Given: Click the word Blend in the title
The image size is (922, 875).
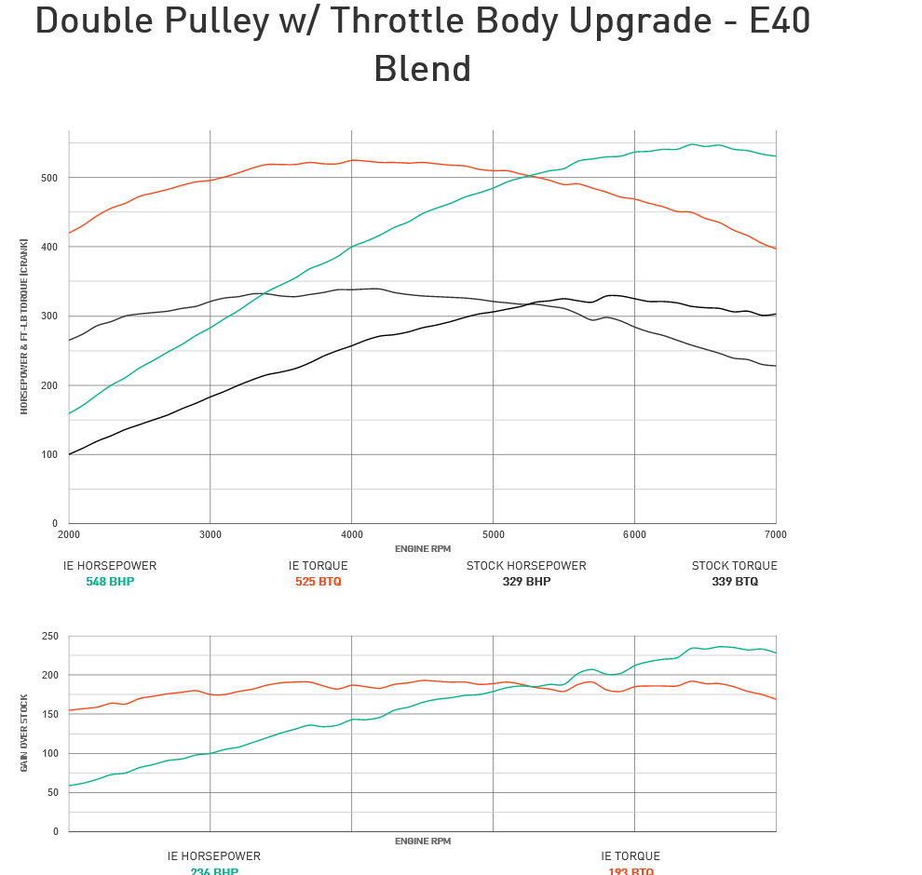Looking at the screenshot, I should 422,69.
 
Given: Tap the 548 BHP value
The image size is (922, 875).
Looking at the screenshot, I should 110,582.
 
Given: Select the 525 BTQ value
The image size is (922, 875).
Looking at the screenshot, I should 318,582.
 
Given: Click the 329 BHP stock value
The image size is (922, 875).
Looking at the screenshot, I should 526,582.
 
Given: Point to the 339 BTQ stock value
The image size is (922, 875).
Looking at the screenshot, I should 735,582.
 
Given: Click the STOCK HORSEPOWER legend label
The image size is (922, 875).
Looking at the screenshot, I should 526,566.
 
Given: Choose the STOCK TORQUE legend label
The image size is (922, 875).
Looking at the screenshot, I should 734,566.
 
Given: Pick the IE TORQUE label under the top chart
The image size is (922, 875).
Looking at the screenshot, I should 318,566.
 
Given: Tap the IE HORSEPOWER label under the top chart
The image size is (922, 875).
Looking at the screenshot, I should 110,566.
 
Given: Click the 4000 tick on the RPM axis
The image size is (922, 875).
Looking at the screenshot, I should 351,534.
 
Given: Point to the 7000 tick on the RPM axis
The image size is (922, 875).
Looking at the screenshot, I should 775,534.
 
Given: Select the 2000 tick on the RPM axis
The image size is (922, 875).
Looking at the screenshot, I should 69,534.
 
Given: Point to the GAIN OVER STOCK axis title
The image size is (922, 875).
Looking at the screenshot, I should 24,733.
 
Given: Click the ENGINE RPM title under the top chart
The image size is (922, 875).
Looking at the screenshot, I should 422,549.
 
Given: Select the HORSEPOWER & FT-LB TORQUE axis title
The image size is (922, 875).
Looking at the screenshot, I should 24,327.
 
